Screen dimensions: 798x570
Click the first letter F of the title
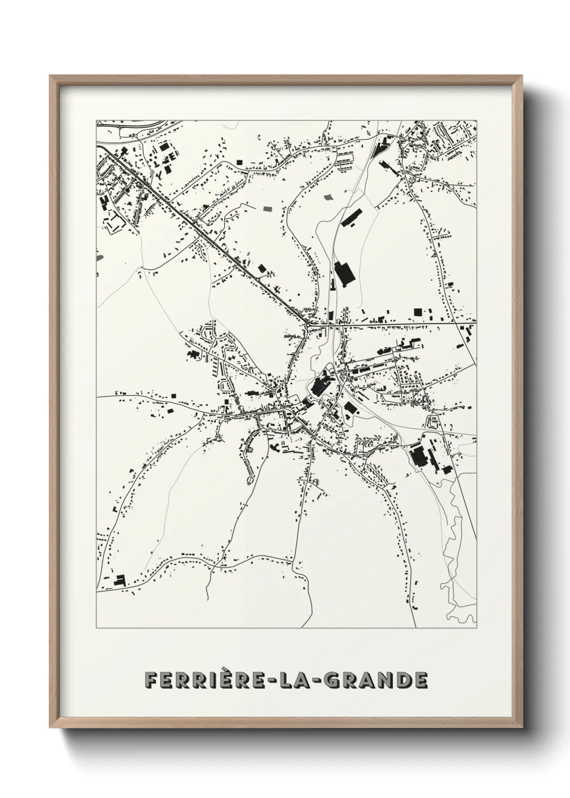150,680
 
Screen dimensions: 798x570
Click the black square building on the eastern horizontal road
416,312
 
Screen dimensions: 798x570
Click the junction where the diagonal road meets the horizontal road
307,324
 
